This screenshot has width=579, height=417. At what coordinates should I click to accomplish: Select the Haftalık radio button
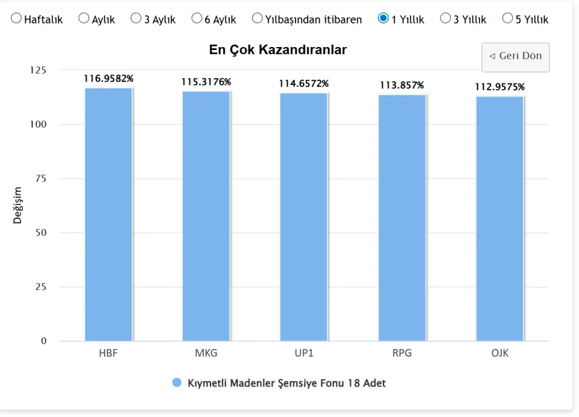point(16,19)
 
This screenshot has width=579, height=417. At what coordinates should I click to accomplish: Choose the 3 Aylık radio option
point(136,19)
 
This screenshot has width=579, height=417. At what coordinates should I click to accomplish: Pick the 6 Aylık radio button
point(197,19)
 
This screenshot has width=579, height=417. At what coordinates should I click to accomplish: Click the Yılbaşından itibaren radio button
point(258,19)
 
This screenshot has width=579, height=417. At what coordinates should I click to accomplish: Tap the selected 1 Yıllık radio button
point(383,19)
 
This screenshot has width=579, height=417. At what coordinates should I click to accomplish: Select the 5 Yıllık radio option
point(507,19)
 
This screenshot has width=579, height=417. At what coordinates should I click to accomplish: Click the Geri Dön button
point(515,57)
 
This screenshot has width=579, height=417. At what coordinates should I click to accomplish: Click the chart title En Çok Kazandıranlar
point(277,50)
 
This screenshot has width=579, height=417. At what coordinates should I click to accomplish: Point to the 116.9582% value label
point(109,78)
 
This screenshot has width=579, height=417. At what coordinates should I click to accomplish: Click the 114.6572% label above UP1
point(304,83)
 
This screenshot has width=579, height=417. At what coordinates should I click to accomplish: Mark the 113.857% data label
point(402,85)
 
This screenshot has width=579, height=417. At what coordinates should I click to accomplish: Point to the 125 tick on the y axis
point(38,71)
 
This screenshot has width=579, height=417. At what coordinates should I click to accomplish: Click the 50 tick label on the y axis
point(40,233)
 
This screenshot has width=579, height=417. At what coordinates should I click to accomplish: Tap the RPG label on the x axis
point(402,353)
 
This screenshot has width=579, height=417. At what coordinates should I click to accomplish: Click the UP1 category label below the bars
point(304,353)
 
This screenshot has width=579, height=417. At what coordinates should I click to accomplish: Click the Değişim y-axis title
point(17,205)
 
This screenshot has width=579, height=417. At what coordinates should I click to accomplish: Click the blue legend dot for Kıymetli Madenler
point(177,383)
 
